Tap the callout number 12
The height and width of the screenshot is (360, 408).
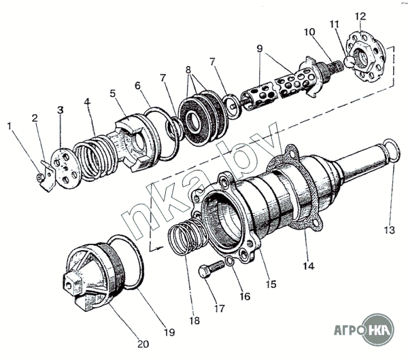tap(360, 15)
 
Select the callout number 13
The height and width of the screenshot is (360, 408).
tap(389, 230)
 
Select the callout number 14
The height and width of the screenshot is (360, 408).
tap(309, 267)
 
